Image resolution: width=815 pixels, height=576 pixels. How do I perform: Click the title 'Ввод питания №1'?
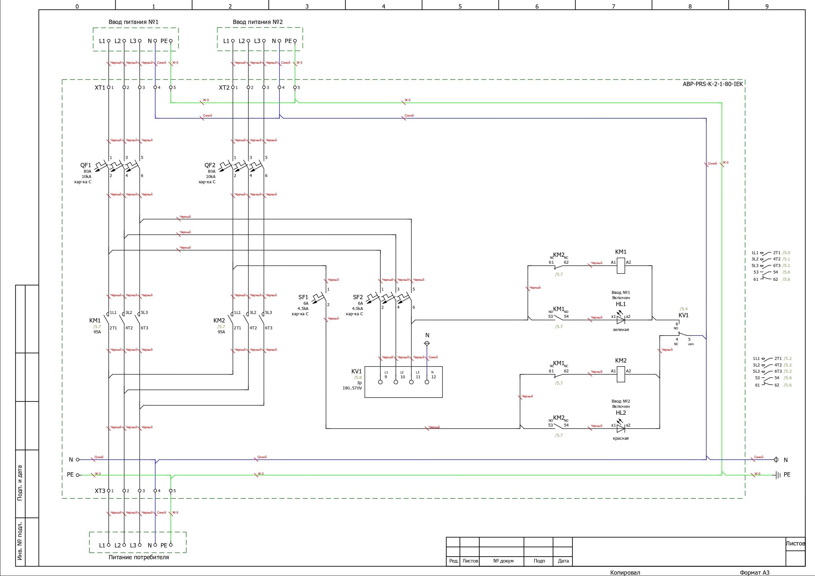click(133, 22)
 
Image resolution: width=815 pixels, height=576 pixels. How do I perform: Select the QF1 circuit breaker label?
click(85, 165)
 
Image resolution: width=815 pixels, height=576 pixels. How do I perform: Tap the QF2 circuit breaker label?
click(210, 165)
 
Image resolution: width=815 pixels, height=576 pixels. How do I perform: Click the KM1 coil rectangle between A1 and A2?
click(621, 265)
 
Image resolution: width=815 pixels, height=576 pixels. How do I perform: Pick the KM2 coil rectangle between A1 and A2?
click(621, 374)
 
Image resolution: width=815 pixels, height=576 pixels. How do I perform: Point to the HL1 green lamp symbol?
click(621, 320)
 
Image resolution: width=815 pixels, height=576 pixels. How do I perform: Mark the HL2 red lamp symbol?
click(621, 428)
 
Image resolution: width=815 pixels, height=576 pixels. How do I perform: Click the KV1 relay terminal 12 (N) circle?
click(427, 382)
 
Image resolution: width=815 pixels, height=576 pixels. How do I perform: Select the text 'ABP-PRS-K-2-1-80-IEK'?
click(713, 84)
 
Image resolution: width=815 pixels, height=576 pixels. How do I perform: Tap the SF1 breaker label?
click(303, 297)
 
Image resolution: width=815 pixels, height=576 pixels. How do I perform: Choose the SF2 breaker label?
click(358, 297)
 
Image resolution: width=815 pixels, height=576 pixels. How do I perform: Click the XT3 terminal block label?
click(100, 491)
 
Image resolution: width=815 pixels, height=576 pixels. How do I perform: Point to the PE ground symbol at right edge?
click(778, 475)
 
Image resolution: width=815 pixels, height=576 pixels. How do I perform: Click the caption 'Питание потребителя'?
click(138, 557)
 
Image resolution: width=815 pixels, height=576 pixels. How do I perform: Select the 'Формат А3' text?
click(754, 572)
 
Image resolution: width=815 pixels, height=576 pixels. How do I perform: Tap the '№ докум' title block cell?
click(503, 561)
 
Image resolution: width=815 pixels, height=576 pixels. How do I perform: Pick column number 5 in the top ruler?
click(460, 6)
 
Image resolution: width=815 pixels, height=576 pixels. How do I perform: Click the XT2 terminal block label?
click(224, 88)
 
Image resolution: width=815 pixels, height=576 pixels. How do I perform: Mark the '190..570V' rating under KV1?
click(352, 388)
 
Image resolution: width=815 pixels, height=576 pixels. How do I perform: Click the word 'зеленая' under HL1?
click(621, 330)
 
